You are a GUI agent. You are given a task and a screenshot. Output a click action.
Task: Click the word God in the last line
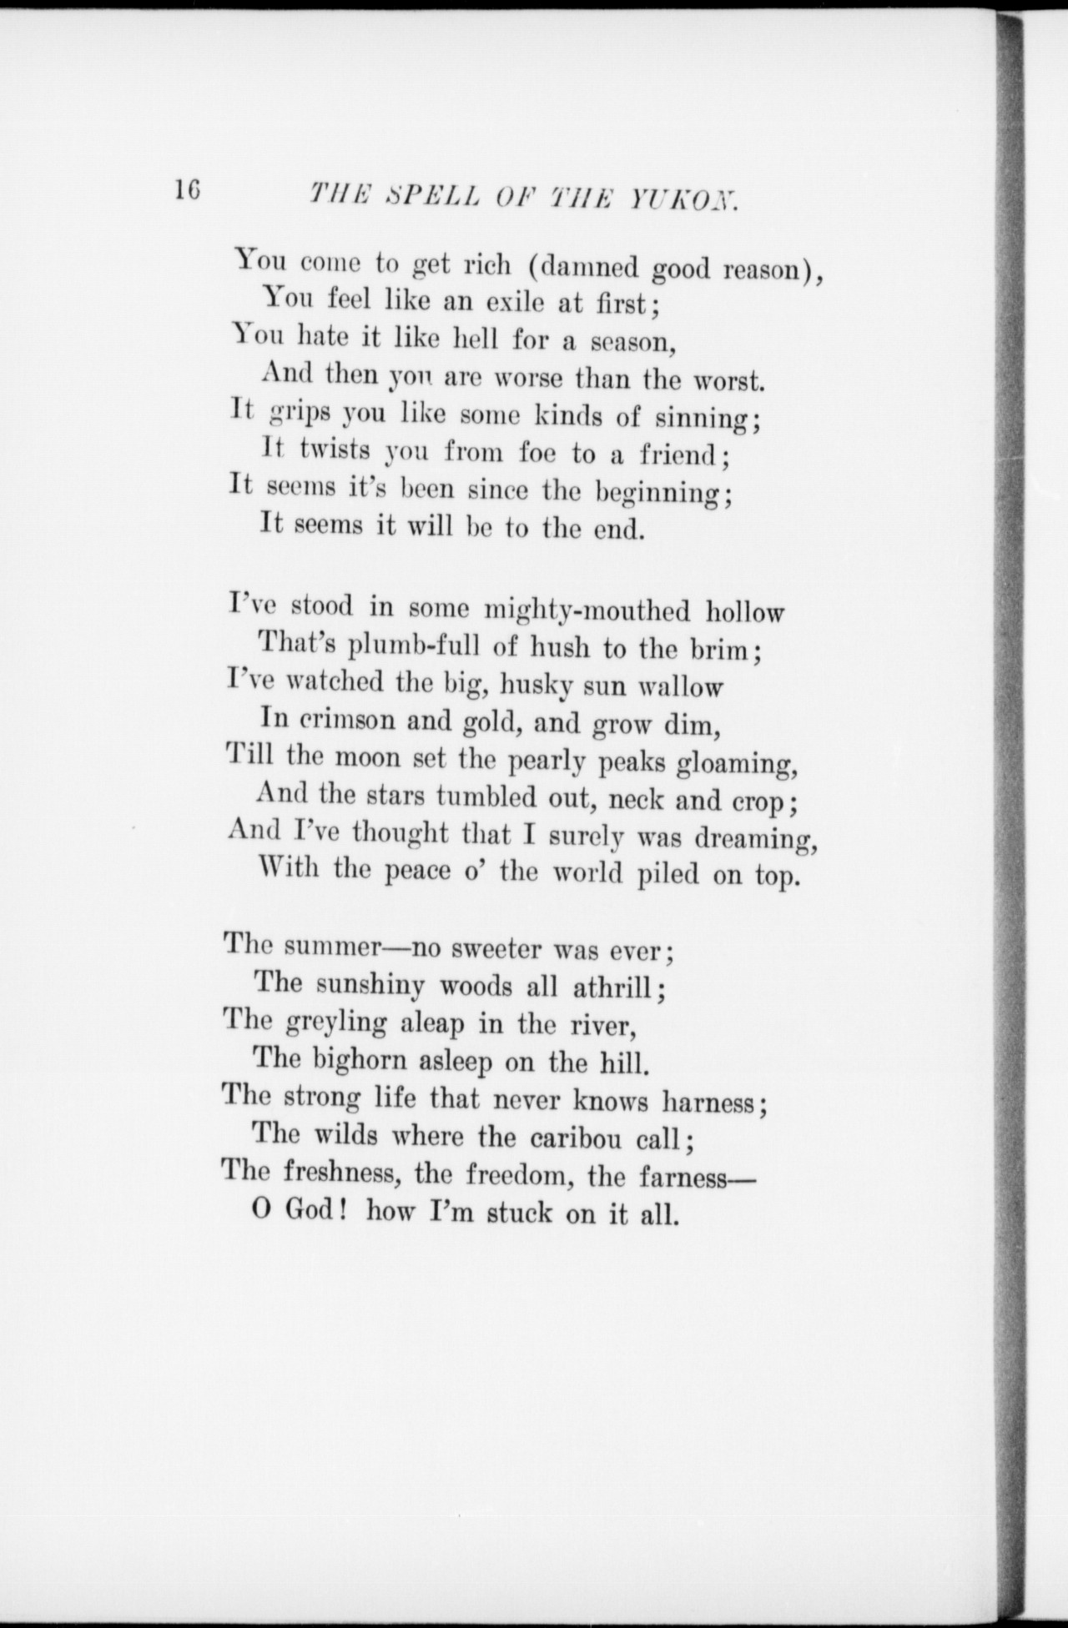point(311,1211)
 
